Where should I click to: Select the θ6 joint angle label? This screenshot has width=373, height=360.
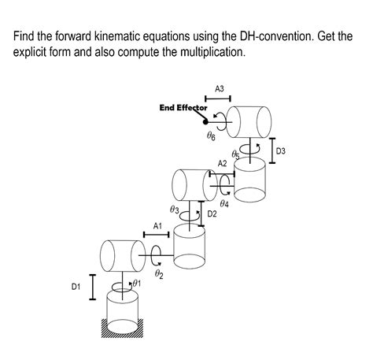click(x=210, y=136)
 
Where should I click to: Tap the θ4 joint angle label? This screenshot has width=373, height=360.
click(x=224, y=203)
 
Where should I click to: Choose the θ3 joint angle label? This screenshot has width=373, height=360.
click(x=175, y=210)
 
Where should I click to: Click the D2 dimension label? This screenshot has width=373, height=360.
click(x=212, y=213)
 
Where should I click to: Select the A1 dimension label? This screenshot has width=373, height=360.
click(x=157, y=225)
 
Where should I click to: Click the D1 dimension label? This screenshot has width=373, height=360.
click(x=76, y=288)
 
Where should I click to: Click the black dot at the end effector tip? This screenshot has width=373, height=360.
click(x=204, y=121)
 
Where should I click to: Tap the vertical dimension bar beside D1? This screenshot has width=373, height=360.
click(x=91, y=287)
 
